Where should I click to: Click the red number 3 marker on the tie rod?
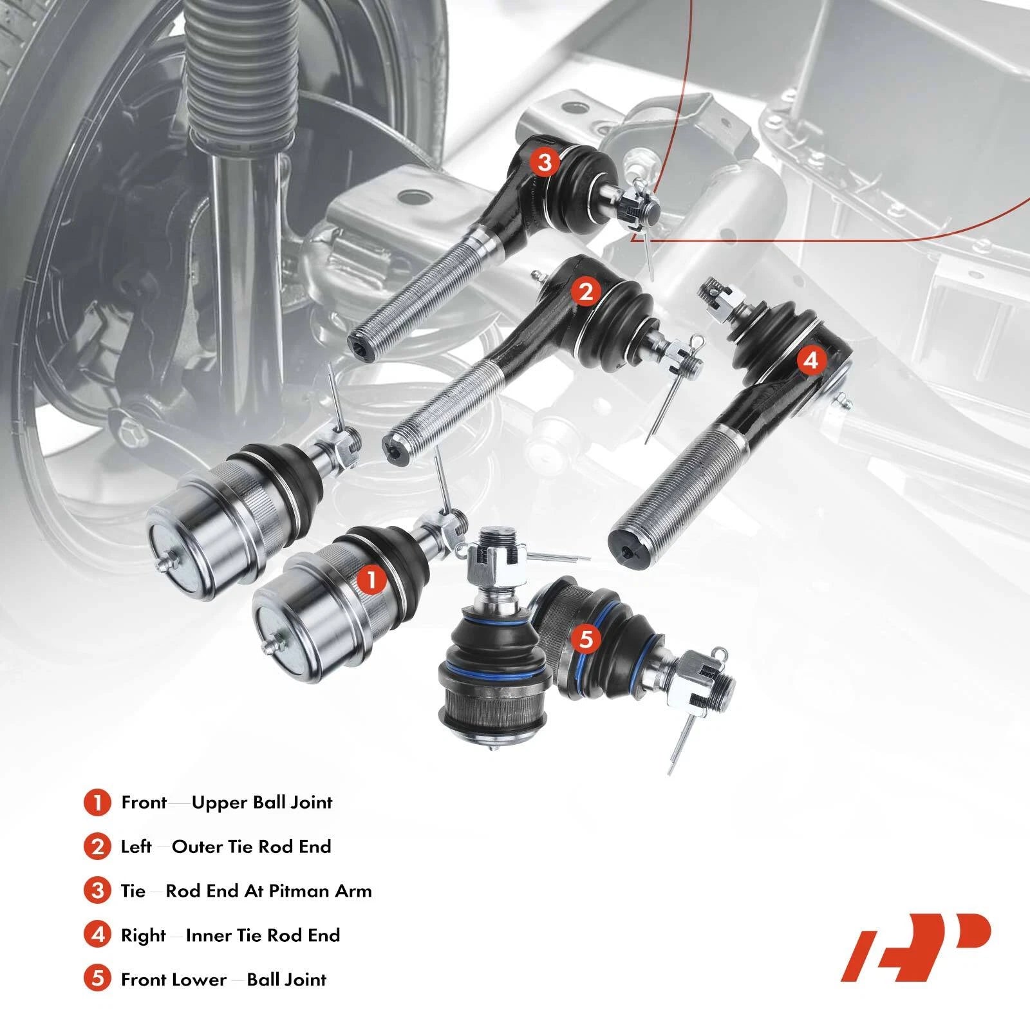click(x=545, y=162)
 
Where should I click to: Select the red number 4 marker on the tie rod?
click(x=811, y=360)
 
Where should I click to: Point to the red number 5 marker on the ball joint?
click(x=586, y=639)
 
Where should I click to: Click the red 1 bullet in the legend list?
click(x=97, y=803)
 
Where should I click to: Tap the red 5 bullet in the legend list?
click(x=97, y=980)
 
